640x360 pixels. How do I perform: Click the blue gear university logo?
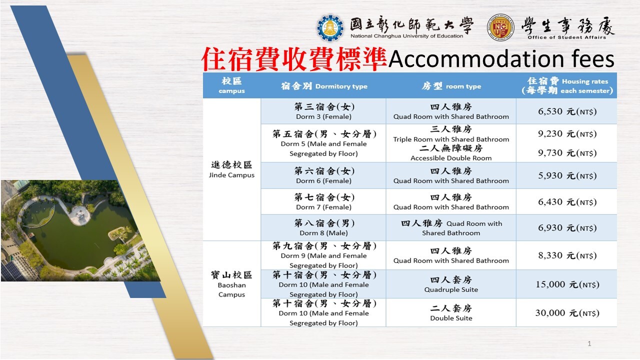click(330, 27)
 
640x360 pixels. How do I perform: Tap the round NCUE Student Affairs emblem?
click(500, 27)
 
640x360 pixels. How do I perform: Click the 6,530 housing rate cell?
click(567, 111)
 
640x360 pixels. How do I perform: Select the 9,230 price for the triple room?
click(567, 133)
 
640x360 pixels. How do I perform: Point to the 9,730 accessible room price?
click(567, 153)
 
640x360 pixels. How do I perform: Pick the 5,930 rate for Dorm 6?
click(567, 175)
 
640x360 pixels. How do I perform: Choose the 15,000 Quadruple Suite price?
click(567, 284)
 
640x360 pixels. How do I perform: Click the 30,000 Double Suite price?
click(567, 313)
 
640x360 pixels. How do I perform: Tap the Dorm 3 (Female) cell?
click(323, 111)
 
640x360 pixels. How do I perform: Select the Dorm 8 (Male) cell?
click(323, 227)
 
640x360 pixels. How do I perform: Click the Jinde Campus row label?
click(231, 169)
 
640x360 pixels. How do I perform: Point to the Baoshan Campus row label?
click(231, 284)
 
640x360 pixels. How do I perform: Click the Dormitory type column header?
click(324, 86)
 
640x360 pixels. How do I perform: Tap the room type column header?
click(451, 86)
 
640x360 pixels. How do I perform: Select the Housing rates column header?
click(567, 85)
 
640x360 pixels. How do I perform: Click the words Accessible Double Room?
click(451, 158)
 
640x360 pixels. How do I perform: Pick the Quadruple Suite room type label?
click(451, 289)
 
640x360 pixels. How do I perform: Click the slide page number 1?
click(589, 343)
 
